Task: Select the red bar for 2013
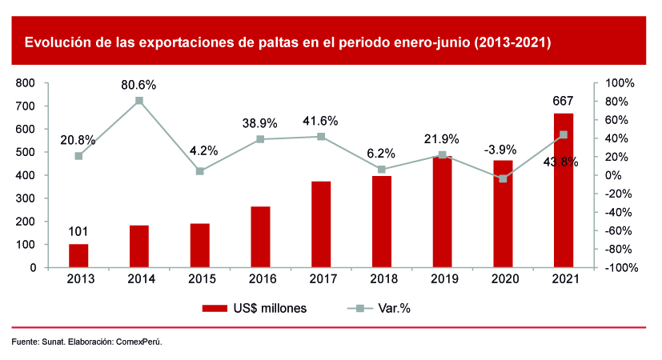[x=78, y=256]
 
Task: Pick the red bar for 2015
[x=199, y=246]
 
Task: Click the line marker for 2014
[x=139, y=101]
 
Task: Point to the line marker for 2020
[x=503, y=178]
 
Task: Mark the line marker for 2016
[x=260, y=139]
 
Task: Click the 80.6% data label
[x=139, y=85]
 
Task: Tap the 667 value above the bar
[x=564, y=101]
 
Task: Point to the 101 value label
[x=78, y=233]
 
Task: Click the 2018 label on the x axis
[x=382, y=279]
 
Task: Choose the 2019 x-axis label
[x=442, y=279]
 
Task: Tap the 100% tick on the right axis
[x=620, y=82]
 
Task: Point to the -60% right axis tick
[x=620, y=230]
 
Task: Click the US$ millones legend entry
[x=255, y=308]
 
